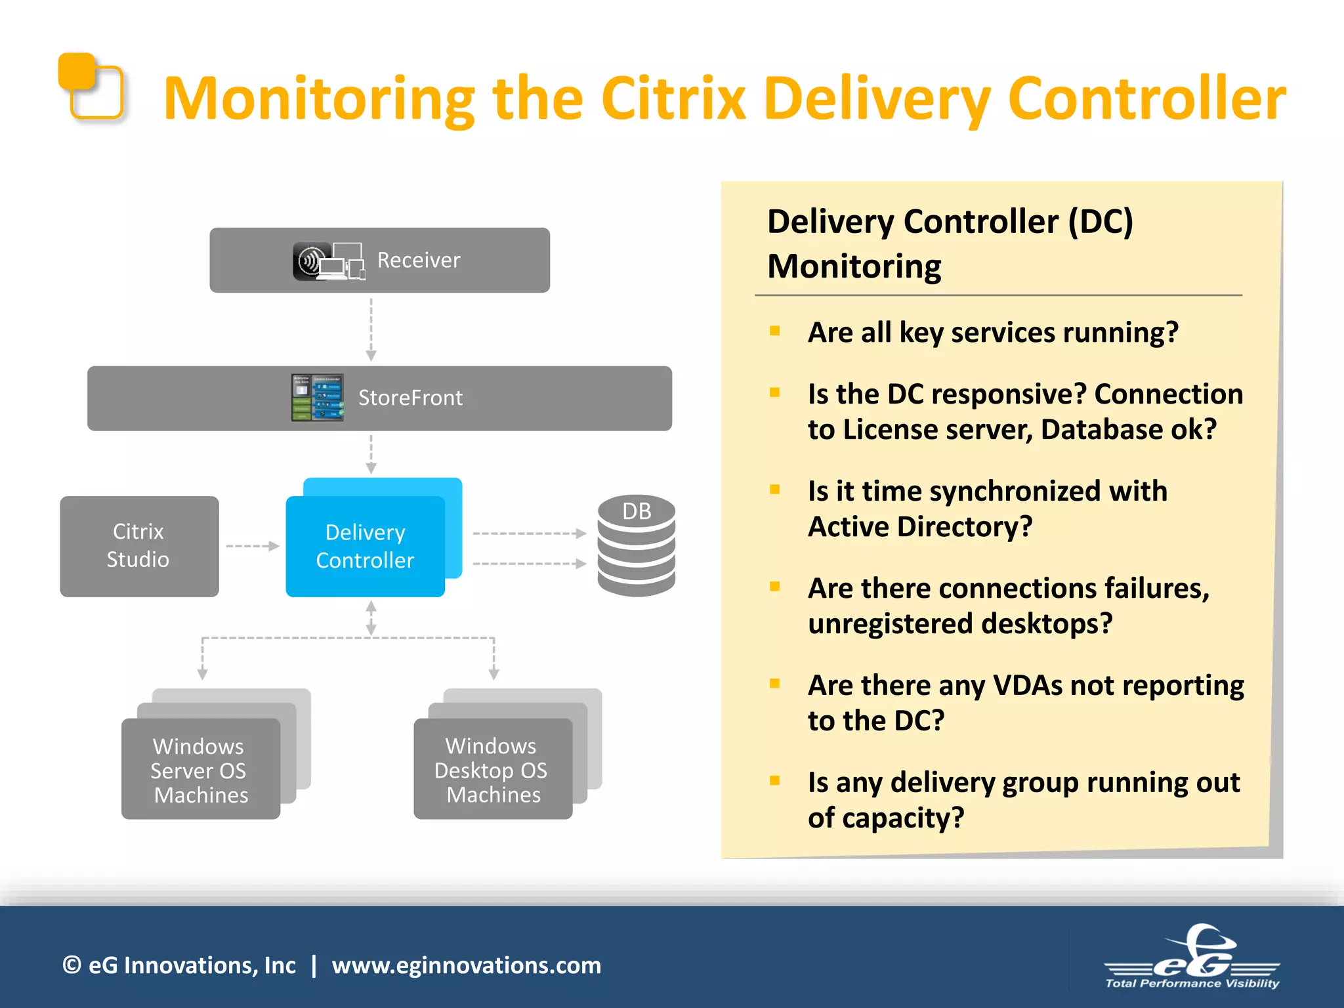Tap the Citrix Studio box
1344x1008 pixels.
[139, 546]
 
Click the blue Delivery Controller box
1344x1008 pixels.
[365, 546]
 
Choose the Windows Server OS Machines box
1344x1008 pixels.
[201, 769]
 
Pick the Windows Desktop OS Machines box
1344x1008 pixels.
[492, 769]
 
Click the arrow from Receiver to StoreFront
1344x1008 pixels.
[371, 328]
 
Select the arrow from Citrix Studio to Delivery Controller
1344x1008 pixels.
[252, 546]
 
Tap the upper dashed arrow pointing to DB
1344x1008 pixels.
[529, 534]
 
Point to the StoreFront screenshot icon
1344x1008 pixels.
[318, 398]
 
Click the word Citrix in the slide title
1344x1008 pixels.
[673, 98]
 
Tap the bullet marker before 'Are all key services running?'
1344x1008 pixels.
[775, 331]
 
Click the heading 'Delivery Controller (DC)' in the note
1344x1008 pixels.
[950, 221]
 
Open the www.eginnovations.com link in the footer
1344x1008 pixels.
[466, 965]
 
